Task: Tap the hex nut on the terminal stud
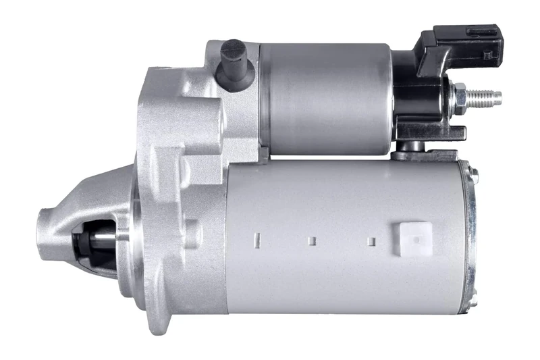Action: (462, 96)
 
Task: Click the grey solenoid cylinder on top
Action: (324, 98)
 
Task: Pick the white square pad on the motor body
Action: (414, 237)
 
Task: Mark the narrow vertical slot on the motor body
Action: (256, 238)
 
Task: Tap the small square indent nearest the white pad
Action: (370, 240)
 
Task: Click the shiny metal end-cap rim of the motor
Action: (470, 236)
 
